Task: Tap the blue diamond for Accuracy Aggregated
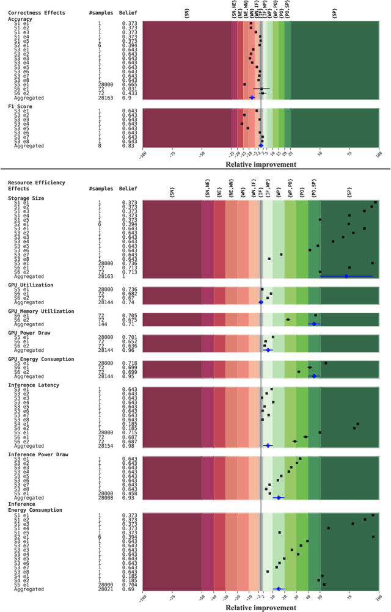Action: coord(252,97)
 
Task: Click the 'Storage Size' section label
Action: coord(26,198)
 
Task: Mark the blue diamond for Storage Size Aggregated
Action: coord(346,276)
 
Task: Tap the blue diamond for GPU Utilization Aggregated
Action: coord(261,302)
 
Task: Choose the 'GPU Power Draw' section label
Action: coord(29,333)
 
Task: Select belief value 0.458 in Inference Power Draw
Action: coord(128,494)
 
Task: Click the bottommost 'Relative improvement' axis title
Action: coord(261,608)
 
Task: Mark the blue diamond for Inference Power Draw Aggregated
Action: coord(279,498)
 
